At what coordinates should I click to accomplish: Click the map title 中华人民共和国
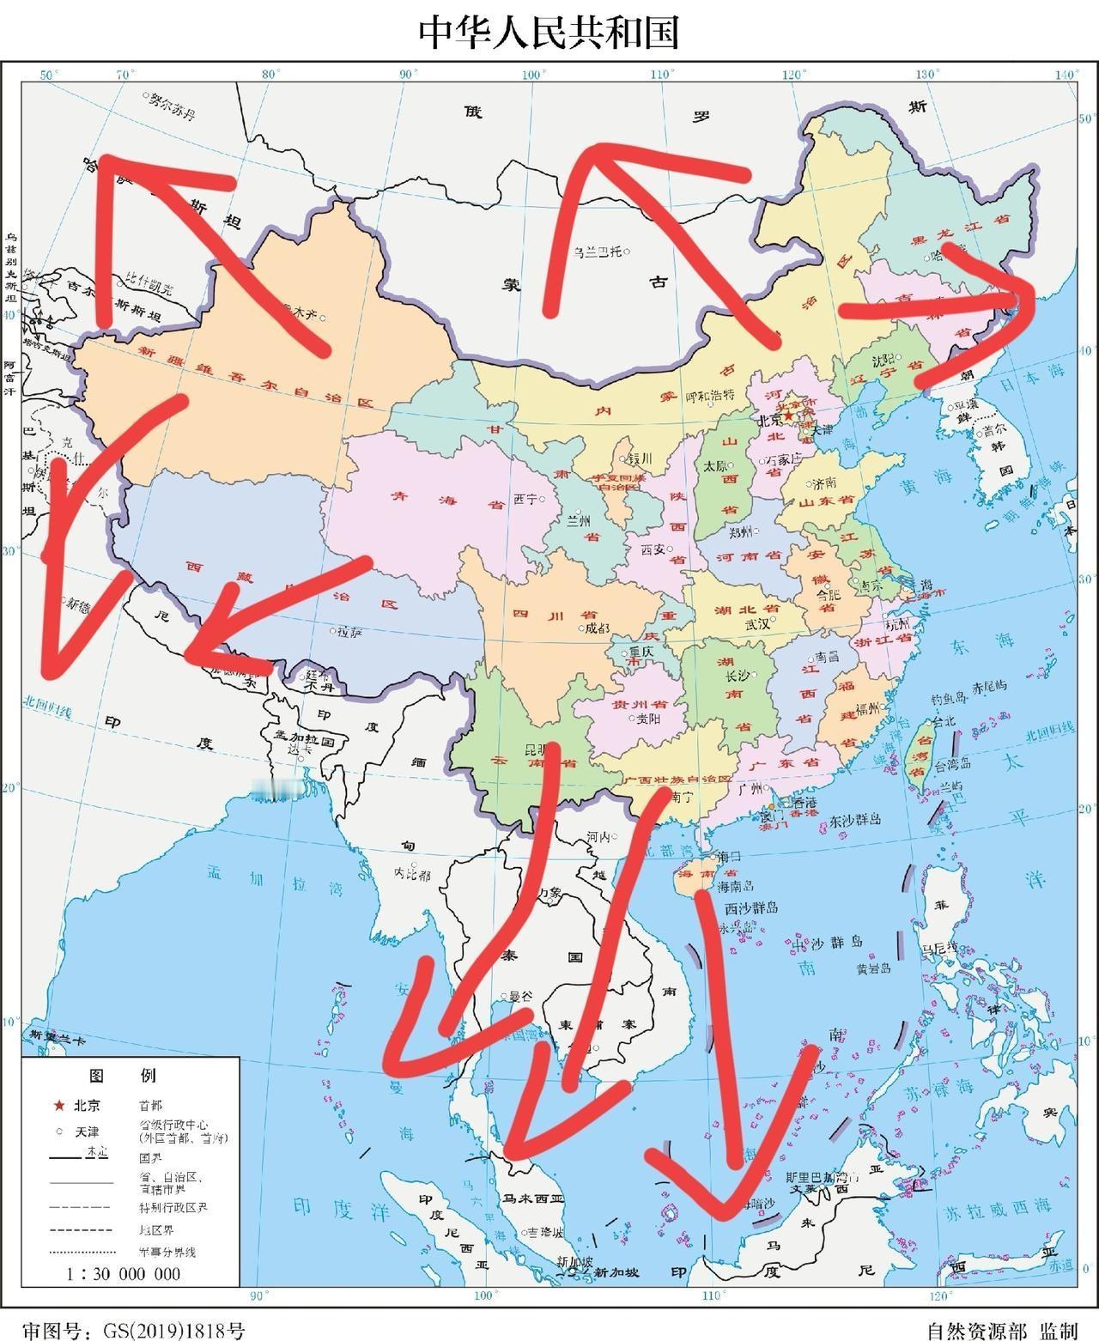click(549, 33)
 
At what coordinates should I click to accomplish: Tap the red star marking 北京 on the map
click(789, 416)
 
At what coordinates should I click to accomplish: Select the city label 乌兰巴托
click(599, 252)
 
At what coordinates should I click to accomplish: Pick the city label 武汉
click(758, 624)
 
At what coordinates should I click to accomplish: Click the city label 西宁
click(525, 498)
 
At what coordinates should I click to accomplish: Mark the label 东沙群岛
click(855, 819)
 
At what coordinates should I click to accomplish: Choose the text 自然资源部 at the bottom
click(976, 1331)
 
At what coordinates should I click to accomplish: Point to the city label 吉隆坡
click(547, 1232)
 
